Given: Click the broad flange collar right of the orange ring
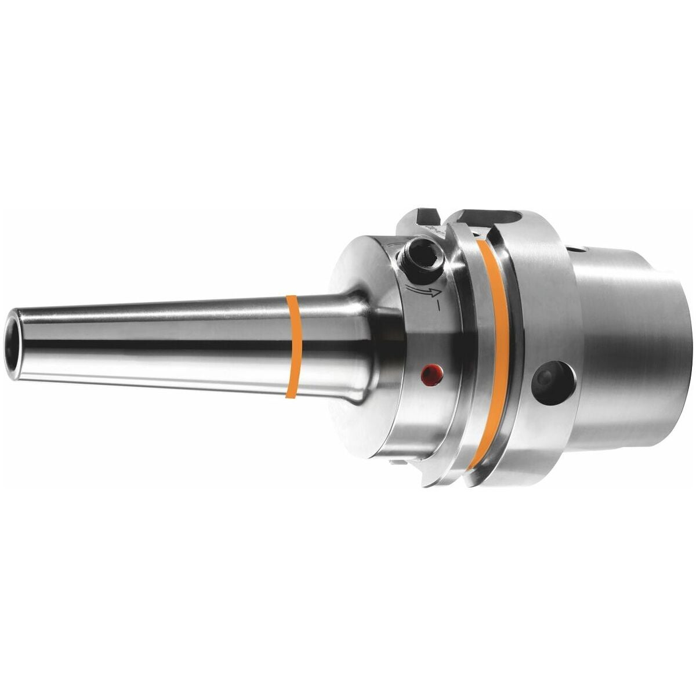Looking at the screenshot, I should pos(539,325).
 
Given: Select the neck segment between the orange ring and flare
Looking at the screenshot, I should pos(319,347).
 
